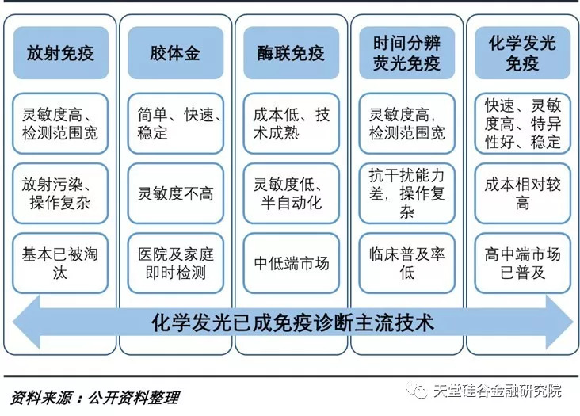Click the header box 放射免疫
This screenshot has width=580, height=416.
pyautogui.click(x=60, y=53)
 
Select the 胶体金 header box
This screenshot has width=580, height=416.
pyautogui.click(x=175, y=53)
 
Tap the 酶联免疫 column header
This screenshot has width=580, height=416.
pyautogui.click(x=291, y=53)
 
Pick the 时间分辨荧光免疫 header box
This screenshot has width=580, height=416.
pyautogui.click(x=406, y=53)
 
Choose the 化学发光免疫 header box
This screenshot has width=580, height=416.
pyautogui.click(x=522, y=53)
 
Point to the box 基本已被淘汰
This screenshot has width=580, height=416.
pyautogui.click(x=60, y=264)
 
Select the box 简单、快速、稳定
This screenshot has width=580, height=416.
pyautogui.click(x=175, y=123)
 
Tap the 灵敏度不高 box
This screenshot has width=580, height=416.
pyautogui.click(x=175, y=193)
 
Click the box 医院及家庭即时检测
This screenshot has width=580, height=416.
pyautogui.click(x=175, y=264)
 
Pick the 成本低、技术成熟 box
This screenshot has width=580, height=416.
pyautogui.click(x=291, y=123)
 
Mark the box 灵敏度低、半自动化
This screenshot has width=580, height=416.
pyautogui.click(x=291, y=193)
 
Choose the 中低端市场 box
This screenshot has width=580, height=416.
pyautogui.click(x=291, y=264)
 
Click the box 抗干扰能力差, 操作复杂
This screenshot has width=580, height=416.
pyautogui.click(x=406, y=193)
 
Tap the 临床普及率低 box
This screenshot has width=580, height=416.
pyautogui.click(x=406, y=264)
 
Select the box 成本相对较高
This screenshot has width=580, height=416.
pyautogui.click(x=522, y=193)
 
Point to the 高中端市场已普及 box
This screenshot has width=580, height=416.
pyautogui.click(x=522, y=264)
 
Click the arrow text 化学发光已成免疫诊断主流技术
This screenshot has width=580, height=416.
pyautogui.click(x=292, y=323)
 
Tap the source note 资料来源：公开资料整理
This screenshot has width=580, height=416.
pyautogui.click(x=95, y=397)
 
